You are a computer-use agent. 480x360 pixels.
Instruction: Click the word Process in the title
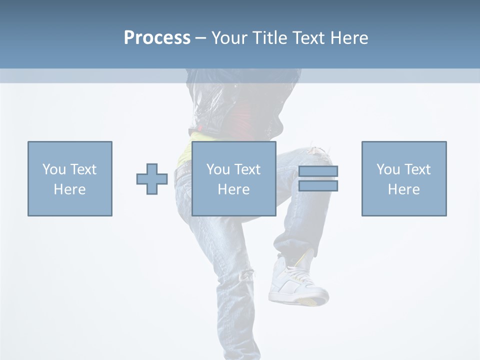(157, 38)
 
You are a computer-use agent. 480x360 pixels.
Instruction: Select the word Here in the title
(349, 38)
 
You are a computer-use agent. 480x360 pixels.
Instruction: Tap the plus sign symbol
(152, 179)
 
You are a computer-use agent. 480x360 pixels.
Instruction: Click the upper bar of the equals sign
(318, 171)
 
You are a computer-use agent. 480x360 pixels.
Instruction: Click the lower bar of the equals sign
(318, 186)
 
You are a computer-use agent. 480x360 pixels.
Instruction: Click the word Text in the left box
(83, 169)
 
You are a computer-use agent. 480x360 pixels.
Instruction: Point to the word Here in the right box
(404, 189)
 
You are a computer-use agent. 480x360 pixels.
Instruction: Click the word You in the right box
(388, 169)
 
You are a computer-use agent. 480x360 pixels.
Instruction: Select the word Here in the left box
(70, 189)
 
